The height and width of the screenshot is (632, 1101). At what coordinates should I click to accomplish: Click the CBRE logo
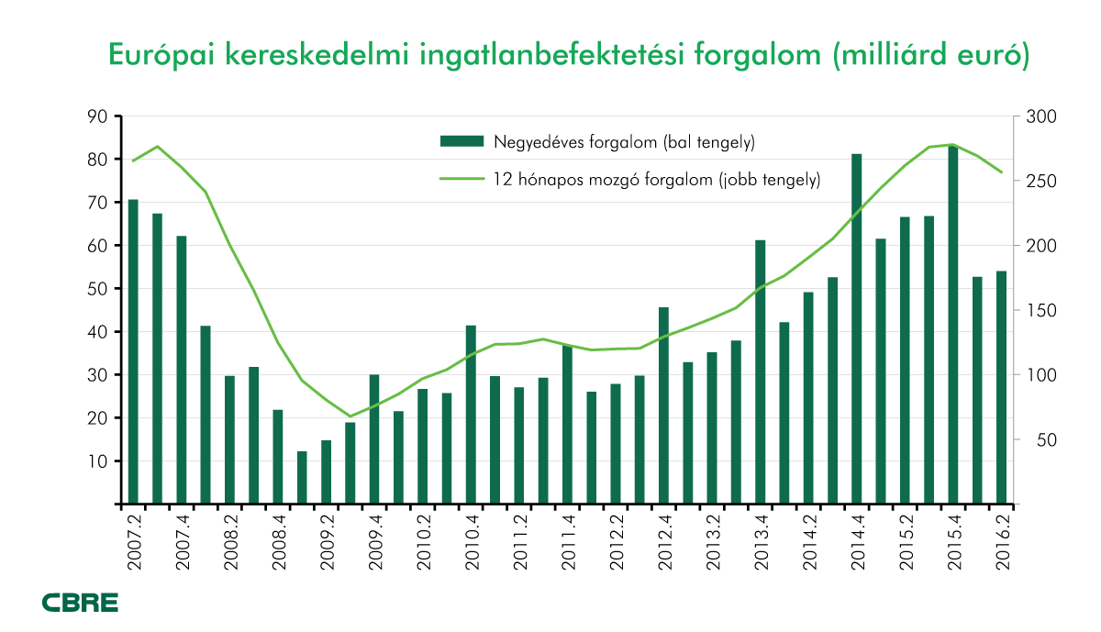(x=80, y=603)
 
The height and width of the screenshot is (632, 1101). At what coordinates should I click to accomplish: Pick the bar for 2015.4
(x=953, y=325)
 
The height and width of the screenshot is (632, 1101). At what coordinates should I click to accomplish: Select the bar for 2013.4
(x=761, y=371)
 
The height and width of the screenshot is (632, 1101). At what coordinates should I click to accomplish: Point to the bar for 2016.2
(x=1002, y=387)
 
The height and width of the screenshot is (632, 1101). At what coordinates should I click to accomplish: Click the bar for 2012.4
(x=663, y=405)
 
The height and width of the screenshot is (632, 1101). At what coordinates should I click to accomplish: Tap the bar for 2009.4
(x=374, y=439)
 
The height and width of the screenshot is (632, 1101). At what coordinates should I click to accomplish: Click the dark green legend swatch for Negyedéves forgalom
(x=461, y=141)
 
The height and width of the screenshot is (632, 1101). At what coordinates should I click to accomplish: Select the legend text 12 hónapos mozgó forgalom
(x=656, y=180)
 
